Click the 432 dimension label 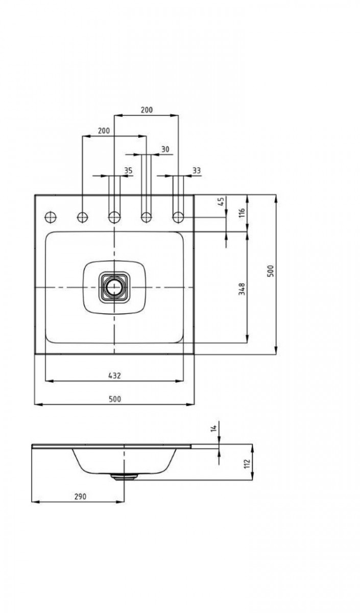click(x=114, y=375)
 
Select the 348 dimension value click(x=242, y=289)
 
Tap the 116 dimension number click(x=242, y=212)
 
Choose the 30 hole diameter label click(x=164, y=149)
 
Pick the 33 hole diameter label click(x=197, y=171)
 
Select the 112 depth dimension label click(x=246, y=463)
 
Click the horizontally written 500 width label click(x=115, y=399)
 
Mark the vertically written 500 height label click(x=271, y=271)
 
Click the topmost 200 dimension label click(x=146, y=110)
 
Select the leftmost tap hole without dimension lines click(x=50, y=217)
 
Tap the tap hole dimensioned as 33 click(x=178, y=217)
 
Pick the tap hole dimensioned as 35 click(x=114, y=217)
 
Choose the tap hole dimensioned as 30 click(x=146, y=217)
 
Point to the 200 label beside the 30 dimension click(x=104, y=131)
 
